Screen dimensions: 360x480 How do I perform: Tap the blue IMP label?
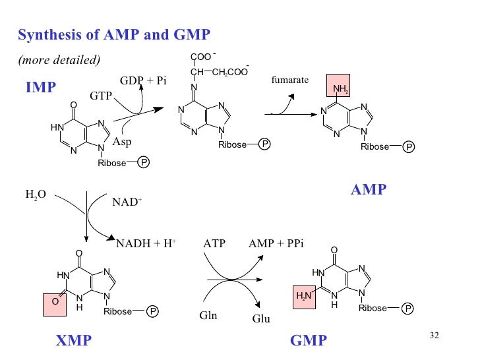41,86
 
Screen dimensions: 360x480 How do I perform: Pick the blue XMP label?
74,340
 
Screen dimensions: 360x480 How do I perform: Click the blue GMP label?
308,340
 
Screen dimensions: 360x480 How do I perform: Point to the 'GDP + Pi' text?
143,80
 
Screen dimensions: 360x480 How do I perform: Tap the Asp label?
122,142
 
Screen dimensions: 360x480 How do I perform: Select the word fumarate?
289,80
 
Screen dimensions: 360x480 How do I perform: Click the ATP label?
214,243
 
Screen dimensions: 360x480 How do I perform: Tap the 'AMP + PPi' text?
276,243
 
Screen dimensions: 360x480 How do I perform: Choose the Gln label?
208,315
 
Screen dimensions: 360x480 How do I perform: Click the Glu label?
262,320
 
